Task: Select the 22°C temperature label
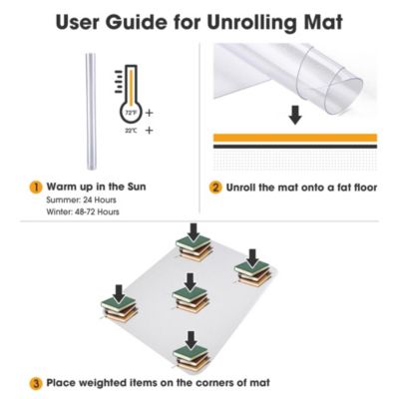click(x=130, y=130)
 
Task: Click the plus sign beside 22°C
click(x=149, y=130)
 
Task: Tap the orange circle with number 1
click(x=36, y=186)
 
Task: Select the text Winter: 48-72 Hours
click(x=88, y=211)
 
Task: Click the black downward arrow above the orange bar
click(x=293, y=116)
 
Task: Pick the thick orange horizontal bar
click(x=295, y=138)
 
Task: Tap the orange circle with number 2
click(x=215, y=186)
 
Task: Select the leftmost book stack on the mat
click(x=120, y=310)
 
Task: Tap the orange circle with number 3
click(x=36, y=381)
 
